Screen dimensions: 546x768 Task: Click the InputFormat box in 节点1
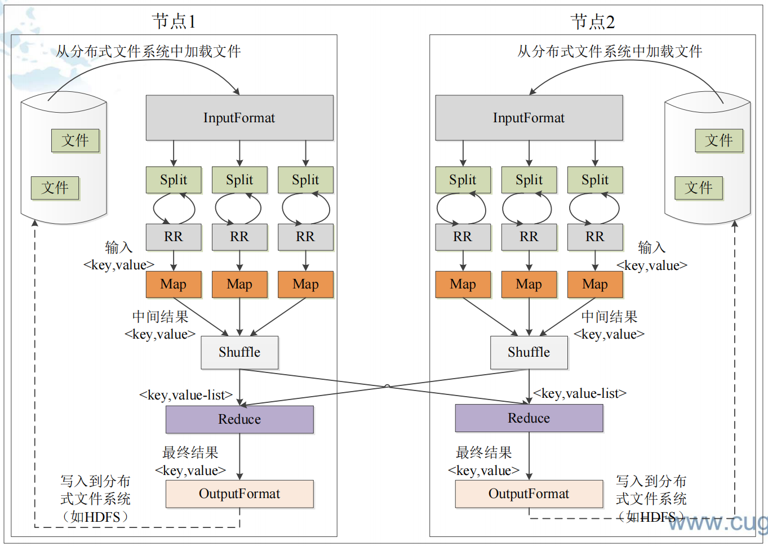239,118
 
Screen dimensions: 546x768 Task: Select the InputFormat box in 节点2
529,118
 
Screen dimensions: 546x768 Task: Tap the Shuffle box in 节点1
239,352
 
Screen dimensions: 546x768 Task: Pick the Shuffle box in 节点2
529,352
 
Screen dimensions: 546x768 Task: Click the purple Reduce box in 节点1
239,419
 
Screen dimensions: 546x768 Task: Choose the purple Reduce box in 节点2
529,418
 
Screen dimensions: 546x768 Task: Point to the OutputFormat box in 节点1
239,494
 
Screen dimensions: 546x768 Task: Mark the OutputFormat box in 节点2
529,494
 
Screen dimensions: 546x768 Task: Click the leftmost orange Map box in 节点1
174,285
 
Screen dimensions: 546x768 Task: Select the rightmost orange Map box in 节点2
595,285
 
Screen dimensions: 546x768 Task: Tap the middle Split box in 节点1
239,180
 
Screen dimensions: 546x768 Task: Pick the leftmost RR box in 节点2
463,237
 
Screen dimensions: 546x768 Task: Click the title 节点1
174,21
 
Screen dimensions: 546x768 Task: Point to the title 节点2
593,21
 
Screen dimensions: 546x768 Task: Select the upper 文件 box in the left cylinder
75,140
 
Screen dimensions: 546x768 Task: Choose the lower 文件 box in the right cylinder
699,188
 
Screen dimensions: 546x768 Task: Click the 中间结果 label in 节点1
160,317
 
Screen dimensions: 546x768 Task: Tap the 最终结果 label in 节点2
483,452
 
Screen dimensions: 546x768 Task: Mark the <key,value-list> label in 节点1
186,395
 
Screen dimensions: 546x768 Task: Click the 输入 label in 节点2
652,247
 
